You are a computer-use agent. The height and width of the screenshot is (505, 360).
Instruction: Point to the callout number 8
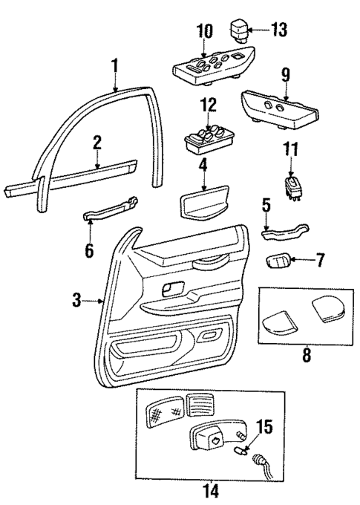(306, 355)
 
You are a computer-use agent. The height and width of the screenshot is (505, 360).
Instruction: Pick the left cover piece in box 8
(278, 322)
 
